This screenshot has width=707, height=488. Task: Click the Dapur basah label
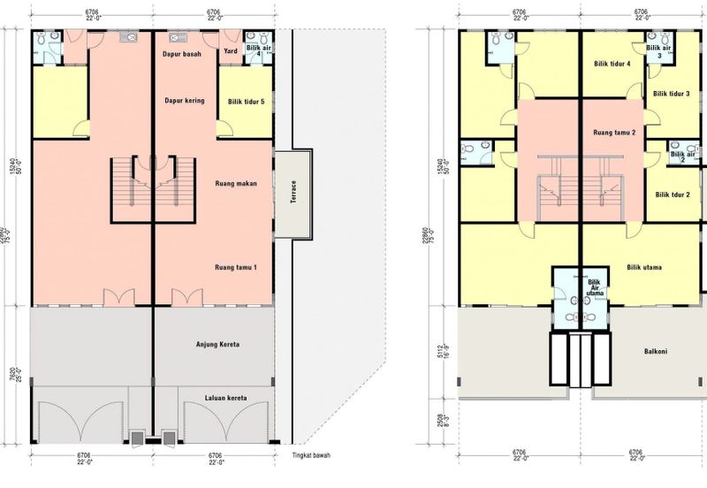tap(183, 55)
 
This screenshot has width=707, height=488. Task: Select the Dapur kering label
tap(185, 101)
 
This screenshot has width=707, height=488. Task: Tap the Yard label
tap(231, 51)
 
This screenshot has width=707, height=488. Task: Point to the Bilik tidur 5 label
tap(246, 101)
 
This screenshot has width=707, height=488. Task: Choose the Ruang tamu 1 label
tap(235, 266)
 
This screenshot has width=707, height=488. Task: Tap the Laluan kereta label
tap(224, 397)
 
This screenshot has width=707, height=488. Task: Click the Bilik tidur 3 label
tap(672, 93)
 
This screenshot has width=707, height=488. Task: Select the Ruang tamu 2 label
tap(615, 131)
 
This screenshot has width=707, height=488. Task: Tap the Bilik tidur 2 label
tap(673, 194)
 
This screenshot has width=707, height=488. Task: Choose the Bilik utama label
tap(645, 265)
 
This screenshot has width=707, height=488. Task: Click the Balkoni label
tap(655, 350)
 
